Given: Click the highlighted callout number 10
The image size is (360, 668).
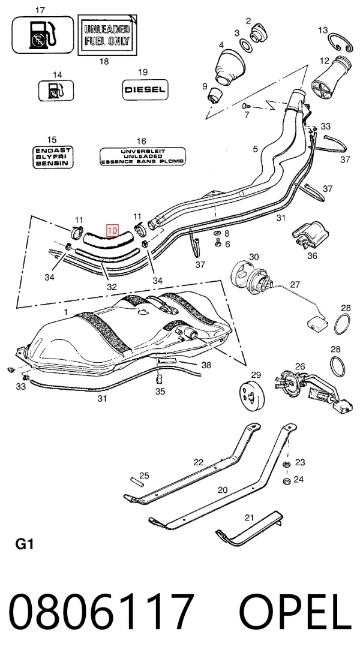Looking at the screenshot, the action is tap(112, 230).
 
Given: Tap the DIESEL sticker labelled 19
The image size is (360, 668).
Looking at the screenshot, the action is tap(145, 90).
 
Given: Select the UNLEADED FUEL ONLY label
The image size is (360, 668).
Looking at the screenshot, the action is tap(107, 35).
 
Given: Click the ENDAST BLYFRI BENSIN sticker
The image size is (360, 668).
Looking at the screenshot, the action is tap(53, 157).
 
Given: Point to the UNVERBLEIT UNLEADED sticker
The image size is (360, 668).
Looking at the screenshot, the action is tap(143, 157).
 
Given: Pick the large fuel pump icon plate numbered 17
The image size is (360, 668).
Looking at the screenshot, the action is tap(43, 35).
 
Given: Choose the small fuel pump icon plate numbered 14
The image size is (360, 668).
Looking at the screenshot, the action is tap(56, 91).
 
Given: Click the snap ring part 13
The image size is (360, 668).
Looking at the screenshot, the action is tap(340, 43).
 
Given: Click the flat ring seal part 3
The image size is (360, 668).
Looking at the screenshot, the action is tap(246, 45).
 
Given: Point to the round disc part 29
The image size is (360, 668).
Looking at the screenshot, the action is tap(252, 396).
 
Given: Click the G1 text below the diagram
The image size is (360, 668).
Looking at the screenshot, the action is tap(24, 544).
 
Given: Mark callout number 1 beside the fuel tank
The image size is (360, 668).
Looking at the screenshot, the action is tap(65, 312).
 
